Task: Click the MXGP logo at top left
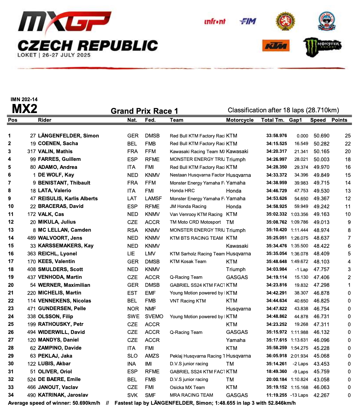pyautogui.click(x=65, y=24)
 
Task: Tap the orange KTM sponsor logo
pyautogui.click(x=276, y=45)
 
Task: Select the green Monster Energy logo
pyautogui.click(x=322, y=46)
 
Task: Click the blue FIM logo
pyautogui.click(x=248, y=22)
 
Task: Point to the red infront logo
pyautogui.click(x=215, y=22)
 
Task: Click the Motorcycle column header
pyautogui.click(x=240, y=120)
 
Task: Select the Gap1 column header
pyautogui.click(x=295, y=120)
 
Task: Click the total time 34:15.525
pyautogui.click(x=276, y=143)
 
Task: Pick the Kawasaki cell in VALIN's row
pyautogui.click(x=237, y=151)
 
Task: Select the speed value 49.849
pyautogui.click(x=321, y=175)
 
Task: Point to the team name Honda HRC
pyautogui.click(x=182, y=191)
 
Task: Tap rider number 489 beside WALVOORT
pyautogui.click(x=31, y=238)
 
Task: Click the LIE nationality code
pyautogui.click(x=132, y=254)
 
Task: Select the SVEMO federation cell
pyautogui.click(x=154, y=316)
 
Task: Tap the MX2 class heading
pyautogui.click(x=24, y=109)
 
